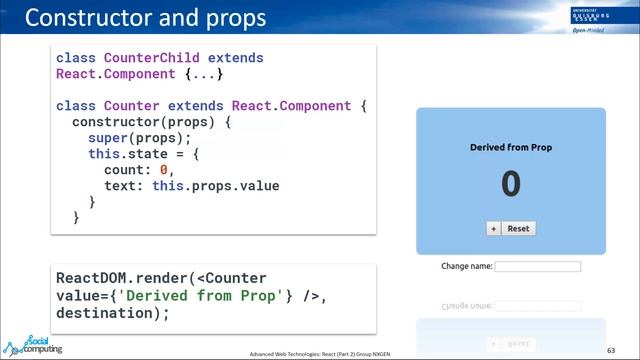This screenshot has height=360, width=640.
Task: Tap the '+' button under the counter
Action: pyautogui.click(x=493, y=228)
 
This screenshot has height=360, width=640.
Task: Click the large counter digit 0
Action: pyautogui.click(x=511, y=184)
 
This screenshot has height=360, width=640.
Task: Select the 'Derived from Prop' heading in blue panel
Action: pyautogui.click(x=511, y=148)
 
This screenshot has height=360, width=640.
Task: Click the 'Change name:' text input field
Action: pyautogui.click(x=537, y=267)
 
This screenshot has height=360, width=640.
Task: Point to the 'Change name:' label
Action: pyautogui.click(x=466, y=267)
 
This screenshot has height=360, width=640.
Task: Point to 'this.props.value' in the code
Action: pyautogui.click(x=215, y=186)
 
